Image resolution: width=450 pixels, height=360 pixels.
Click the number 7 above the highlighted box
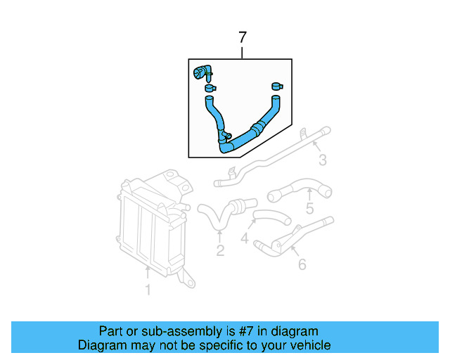[x=243, y=37]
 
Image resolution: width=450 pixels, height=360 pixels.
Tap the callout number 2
[x=220, y=251]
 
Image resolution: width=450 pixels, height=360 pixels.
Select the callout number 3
[x=322, y=161]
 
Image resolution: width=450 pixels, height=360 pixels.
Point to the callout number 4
[x=244, y=240]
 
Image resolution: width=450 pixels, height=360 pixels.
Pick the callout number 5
[x=309, y=209]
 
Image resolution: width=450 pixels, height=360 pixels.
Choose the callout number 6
[x=302, y=264]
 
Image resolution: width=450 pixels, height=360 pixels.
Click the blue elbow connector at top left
[x=202, y=71]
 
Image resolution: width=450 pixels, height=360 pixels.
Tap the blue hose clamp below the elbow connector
[x=210, y=89]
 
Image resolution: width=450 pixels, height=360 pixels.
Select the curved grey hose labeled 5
[x=299, y=188]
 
